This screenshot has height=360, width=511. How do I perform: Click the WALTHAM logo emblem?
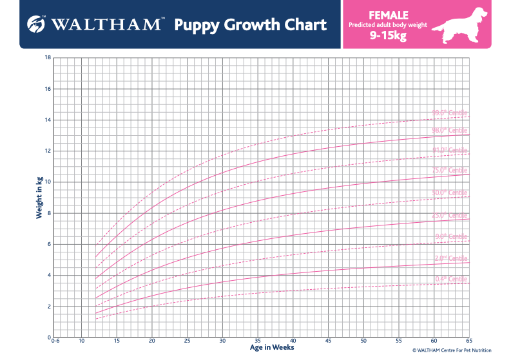[x=36, y=24]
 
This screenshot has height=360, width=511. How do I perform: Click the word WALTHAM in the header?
[x=104, y=24]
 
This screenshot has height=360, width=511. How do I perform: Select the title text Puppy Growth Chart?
[x=250, y=25]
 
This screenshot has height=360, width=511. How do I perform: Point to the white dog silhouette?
[x=459, y=24]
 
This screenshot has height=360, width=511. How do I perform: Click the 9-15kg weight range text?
[x=387, y=37]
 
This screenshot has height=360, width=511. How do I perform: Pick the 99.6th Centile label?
[x=450, y=113]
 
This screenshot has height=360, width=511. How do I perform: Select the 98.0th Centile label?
[x=450, y=130]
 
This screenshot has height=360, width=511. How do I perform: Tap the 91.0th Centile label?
[x=450, y=150]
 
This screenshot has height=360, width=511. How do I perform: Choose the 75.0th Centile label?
[x=450, y=170]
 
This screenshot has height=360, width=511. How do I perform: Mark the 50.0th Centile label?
[x=450, y=193]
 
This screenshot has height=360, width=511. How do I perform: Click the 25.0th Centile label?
[x=450, y=215]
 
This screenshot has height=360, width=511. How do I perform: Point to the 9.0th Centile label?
[x=451, y=236]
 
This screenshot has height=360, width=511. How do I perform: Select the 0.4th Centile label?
[x=450, y=278]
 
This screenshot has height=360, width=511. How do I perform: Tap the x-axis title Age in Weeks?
[x=272, y=347]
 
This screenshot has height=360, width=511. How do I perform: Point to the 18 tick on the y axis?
[x=47, y=57]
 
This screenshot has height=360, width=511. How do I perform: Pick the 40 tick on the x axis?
[x=293, y=341]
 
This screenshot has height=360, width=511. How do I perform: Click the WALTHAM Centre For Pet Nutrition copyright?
[x=452, y=351]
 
